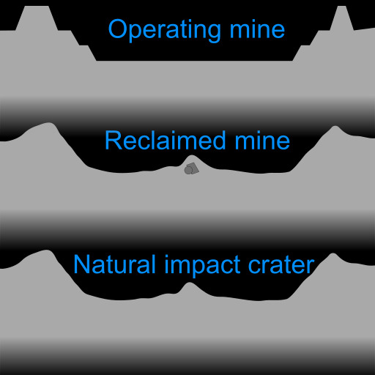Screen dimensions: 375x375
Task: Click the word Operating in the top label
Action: (x=165, y=30)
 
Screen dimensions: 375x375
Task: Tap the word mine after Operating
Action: (x=257, y=29)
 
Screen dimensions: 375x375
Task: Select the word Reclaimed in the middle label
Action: (x=165, y=140)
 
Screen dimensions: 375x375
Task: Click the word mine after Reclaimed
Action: (x=262, y=140)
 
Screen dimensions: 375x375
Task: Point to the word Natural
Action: (x=114, y=264)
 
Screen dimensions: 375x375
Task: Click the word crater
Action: (x=281, y=265)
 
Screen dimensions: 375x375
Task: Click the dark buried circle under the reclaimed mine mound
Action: (x=188, y=170)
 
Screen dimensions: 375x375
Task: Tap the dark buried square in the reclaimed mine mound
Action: (x=194, y=168)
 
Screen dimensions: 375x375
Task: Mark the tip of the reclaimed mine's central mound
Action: (x=192, y=155)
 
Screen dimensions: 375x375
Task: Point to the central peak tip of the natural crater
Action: (x=190, y=283)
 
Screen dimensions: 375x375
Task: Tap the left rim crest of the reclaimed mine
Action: (x=49, y=123)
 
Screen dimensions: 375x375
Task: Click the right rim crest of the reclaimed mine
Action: (x=335, y=127)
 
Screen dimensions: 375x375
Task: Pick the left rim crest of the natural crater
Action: (x=47, y=250)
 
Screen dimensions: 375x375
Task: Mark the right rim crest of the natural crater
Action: (x=333, y=254)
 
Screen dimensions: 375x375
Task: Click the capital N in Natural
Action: (x=81, y=264)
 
